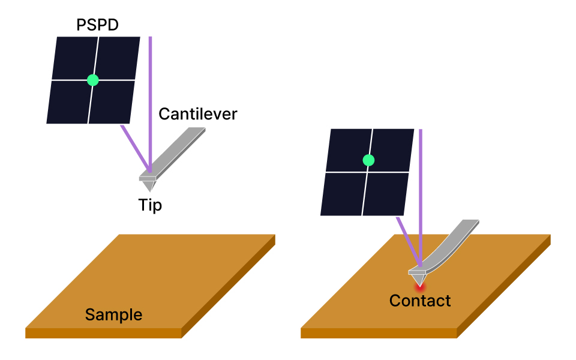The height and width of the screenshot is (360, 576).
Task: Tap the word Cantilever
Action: point(198,113)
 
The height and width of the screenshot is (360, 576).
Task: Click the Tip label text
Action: point(150,205)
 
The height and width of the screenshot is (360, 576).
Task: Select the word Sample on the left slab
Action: point(113,314)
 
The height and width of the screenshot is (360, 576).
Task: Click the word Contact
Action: point(420,300)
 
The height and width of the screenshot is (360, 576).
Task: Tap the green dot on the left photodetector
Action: point(92,79)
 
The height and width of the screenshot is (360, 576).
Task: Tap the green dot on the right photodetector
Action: point(368,160)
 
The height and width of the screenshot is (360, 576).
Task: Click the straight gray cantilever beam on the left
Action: point(180,150)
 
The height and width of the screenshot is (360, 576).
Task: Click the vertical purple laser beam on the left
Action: point(150,102)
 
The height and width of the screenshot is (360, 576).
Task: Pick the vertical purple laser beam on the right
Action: point(421,198)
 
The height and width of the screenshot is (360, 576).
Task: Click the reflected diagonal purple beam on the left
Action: point(135,147)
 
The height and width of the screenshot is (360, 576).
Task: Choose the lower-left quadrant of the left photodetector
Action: point(68,102)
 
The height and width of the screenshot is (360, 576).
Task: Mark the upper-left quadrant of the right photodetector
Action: point(348,150)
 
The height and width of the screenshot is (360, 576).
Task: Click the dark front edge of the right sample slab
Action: point(378,333)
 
